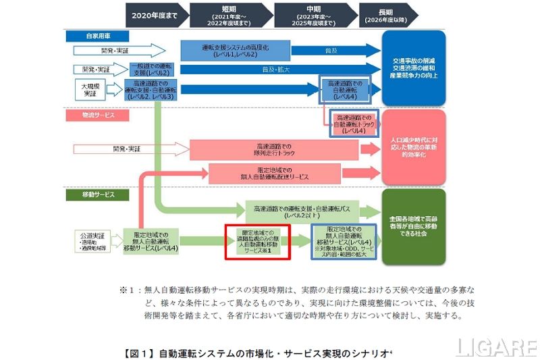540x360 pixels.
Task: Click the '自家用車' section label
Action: point(94,34)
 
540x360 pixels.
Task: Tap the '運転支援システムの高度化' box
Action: point(236,49)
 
